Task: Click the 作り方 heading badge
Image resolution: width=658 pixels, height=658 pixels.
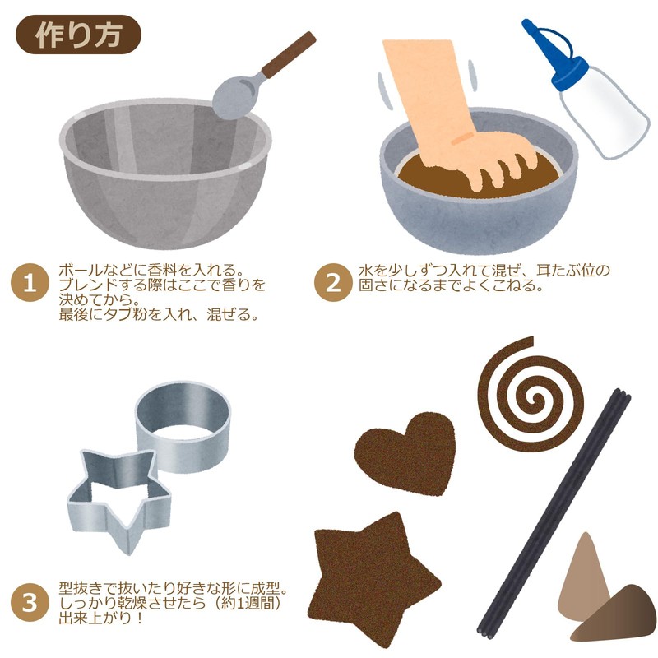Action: point(78,35)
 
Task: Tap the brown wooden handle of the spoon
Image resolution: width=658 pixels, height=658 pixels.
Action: point(290,55)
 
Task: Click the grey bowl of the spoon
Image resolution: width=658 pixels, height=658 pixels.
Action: point(234,98)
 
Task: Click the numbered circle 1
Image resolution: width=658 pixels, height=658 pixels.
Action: point(30,283)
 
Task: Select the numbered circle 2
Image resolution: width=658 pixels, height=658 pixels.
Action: point(333,282)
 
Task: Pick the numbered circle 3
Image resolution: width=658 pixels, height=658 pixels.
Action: point(30,603)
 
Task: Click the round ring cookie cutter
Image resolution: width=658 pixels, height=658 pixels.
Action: point(183,427)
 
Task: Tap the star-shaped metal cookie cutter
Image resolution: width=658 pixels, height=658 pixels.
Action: point(119,498)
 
